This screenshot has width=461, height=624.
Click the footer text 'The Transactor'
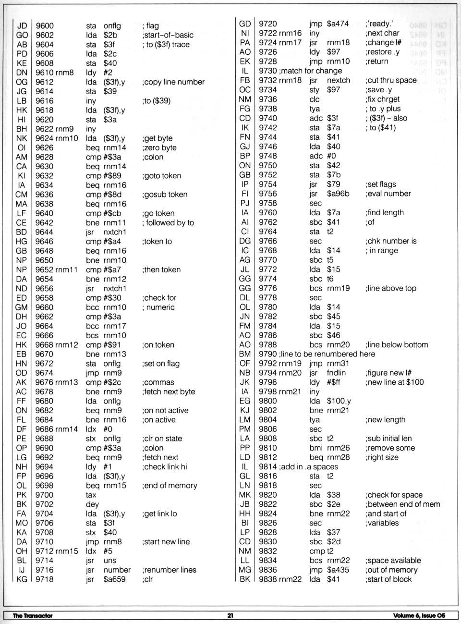coord(33,616)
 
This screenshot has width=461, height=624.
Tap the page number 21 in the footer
coord(230,616)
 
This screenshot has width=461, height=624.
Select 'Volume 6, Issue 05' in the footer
coord(419,616)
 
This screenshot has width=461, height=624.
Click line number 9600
coord(45,26)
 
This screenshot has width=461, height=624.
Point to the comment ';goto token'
coord(161,176)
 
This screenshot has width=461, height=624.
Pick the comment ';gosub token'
coord(164,195)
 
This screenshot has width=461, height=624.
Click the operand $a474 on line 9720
coord(338,24)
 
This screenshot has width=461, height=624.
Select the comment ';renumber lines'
coord(169,570)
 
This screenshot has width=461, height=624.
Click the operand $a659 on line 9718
coord(114,579)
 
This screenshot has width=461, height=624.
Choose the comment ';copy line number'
coord(173,82)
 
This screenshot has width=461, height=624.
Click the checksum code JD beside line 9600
coord(22,26)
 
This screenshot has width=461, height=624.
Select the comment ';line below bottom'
coord(397,344)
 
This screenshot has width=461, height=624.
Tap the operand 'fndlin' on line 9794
coord(336,373)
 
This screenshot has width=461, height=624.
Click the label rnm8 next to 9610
coord(65,73)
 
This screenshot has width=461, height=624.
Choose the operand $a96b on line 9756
coord(338,194)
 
